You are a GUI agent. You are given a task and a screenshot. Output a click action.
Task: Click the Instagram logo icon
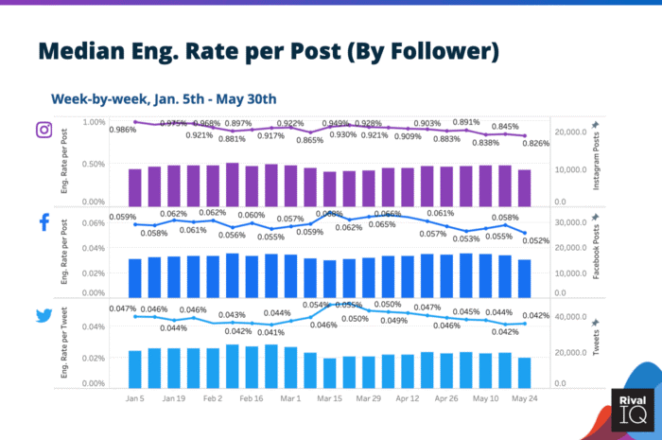(x=44, y=130)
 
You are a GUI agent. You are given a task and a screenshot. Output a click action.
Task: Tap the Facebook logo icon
(x=44, y=222)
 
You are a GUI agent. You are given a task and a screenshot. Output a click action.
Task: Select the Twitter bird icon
(x=44, y=316)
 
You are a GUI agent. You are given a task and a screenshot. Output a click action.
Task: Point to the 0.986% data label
(x=122, y=130)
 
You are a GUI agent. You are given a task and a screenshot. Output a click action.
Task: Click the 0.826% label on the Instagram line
(x=534, y=143)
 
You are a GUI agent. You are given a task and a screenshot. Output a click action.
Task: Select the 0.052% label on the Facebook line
(x=534, y=241)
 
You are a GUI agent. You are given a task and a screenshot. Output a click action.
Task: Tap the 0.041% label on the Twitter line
(x=271, y=332)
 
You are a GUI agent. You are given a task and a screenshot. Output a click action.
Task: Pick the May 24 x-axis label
(x=525, y=399)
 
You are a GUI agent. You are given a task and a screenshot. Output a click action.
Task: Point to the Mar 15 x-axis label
(x=331, y=399)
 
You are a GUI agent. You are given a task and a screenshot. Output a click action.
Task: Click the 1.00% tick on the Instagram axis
(x=94, y=122)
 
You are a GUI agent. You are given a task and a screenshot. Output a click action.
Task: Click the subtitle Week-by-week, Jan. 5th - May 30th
(x=164, y=97)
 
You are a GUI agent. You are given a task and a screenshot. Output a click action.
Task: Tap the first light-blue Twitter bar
(x=135, y=369)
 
